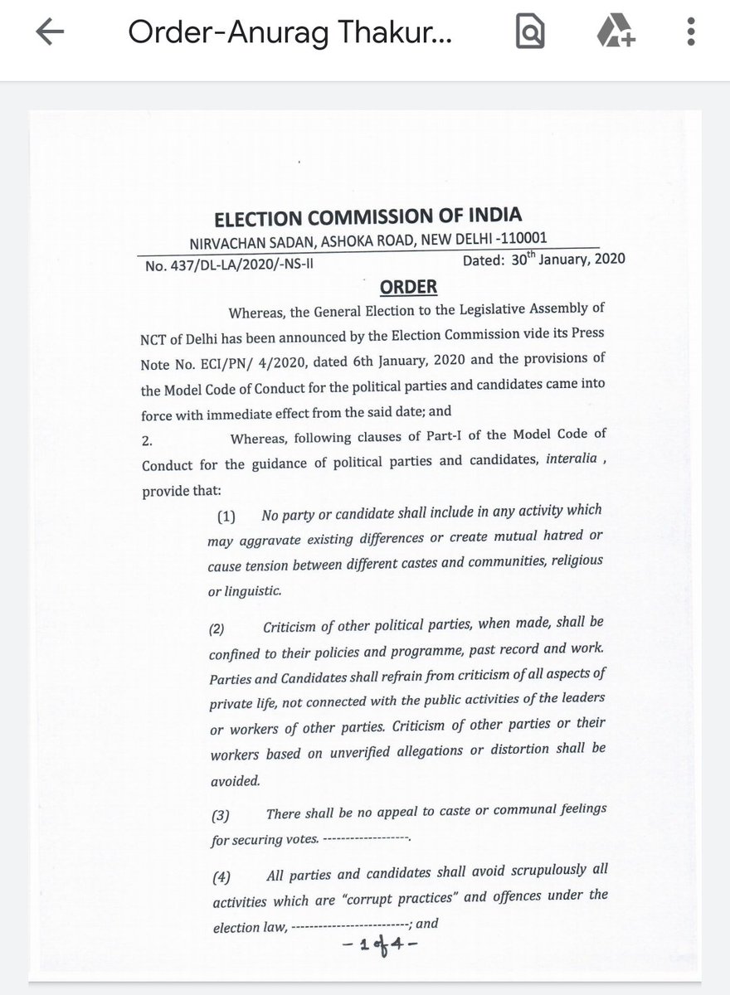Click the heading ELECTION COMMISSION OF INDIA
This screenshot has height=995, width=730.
pos(367,216)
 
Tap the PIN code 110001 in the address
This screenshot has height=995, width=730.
pos(519,238)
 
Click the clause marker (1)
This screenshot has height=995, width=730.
pos(226,517)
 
